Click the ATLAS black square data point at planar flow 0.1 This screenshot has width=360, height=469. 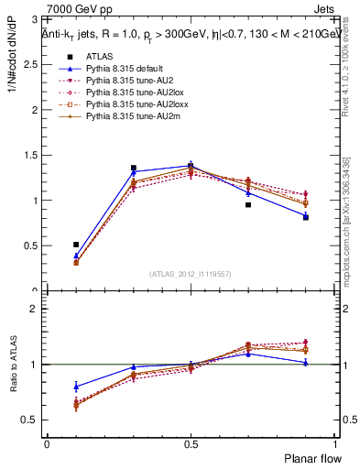[76, 245]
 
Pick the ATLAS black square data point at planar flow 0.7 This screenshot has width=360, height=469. [248, 204]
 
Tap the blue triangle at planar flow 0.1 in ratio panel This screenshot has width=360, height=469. [76, 387]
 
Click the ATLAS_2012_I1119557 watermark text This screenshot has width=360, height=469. [191, 274]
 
